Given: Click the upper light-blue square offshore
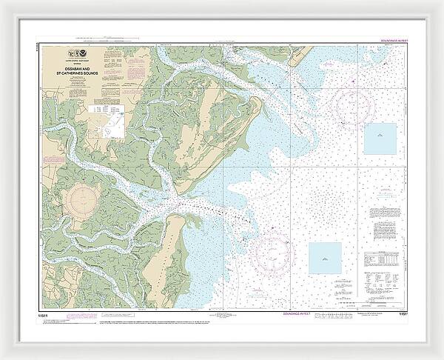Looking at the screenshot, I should [380, 139].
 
